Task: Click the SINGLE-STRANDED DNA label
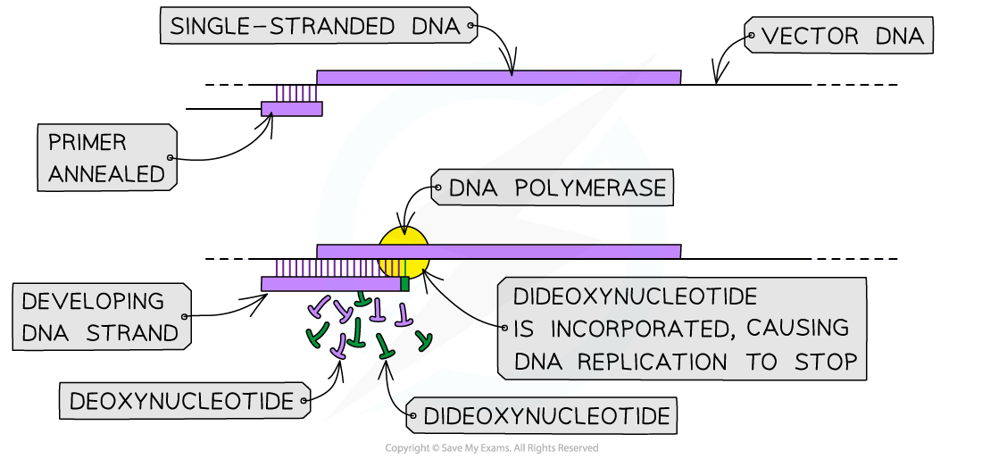click(x=316, y=26)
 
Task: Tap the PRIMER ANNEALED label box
click(x=107, y=157)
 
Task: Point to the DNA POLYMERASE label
click(x=557, y=188)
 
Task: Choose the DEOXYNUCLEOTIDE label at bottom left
click(x=182, y=401)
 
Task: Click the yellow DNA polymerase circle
click(x=404, y=251)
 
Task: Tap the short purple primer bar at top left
click(x=292, y=109)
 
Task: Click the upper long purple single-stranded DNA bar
click(x=498, y=78)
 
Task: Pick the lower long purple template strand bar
click(x=536, y=252)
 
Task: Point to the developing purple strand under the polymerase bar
click(x=330, y=284)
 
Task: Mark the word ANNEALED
click(x=107, y=174)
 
